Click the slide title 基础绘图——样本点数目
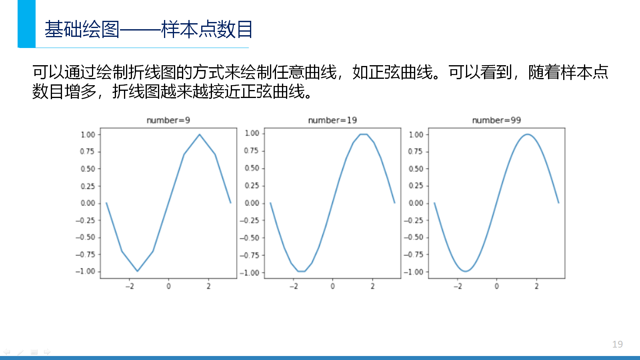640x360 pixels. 148,29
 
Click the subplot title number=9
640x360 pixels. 168,120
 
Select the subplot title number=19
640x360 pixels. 332,120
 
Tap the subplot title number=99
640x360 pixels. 496,120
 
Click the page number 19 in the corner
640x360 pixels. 618,344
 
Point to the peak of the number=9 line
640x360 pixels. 200,134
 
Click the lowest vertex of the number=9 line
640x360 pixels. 138,271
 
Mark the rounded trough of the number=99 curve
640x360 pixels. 466,271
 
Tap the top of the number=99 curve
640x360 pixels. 528,134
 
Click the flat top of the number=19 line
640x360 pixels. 364,134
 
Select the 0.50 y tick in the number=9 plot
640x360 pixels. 88,169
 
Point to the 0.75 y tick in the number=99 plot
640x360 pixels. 416,152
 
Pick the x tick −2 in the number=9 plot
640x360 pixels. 130,286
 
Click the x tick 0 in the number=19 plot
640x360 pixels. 332,286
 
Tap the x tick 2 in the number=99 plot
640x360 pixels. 536,286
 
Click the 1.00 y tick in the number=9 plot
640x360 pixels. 88,134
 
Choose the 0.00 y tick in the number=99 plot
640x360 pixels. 416,203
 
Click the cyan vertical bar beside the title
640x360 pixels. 26,24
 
